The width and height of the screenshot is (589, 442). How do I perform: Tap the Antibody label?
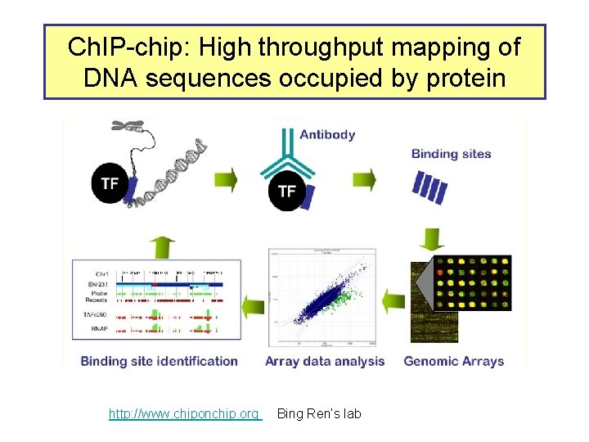point(327,134)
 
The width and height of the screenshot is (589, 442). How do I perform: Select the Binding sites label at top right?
point(451,153)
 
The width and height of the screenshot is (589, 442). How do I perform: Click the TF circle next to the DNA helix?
point(110,183)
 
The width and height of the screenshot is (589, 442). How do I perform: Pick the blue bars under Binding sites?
point(429,187)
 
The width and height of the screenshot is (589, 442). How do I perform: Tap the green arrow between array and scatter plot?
point(393,301)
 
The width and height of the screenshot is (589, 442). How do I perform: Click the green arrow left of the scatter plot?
point(255,302)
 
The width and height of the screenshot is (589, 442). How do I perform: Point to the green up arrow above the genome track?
point(164,245)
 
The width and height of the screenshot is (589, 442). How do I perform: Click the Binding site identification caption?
point(160,361)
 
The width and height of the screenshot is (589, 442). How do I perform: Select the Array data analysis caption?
point(325,361)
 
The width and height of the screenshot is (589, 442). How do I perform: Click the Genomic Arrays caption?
point(454,361)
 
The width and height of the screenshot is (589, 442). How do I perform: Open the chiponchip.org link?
point(184,414)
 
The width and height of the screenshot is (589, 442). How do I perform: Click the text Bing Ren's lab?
point(319,414)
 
